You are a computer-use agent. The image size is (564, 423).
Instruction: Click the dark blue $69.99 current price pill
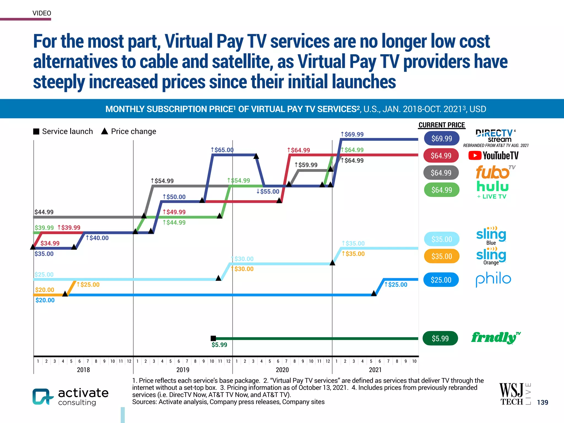point(441,138)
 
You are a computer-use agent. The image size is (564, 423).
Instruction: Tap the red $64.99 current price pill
point(441,156)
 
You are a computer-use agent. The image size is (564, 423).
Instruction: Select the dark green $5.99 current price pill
point(440,338)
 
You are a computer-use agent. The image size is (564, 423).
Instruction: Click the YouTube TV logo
point(493,156)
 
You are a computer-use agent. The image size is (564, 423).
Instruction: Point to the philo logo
point(493,279)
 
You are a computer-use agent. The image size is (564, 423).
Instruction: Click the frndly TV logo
point(495,338)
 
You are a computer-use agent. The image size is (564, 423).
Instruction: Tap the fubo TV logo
point(495,172)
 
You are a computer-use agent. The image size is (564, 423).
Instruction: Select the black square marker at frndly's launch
point(213,338)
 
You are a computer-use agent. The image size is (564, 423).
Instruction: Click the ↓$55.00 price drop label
point(268,191)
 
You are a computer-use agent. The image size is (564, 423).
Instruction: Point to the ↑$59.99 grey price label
point(306,165)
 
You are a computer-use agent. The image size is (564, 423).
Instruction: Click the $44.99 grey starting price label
point(44,212)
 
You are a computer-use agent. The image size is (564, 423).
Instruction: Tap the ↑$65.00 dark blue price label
point(222,150)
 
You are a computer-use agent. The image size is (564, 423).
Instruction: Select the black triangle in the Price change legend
point(105,131)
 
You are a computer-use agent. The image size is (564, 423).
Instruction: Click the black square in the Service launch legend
point(36,131)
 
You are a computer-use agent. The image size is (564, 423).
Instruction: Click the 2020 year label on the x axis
point(282,370)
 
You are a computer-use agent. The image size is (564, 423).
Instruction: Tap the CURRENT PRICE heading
point(441,125)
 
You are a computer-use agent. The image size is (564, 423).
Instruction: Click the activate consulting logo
point(70,397)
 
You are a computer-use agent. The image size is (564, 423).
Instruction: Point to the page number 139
point(542,402)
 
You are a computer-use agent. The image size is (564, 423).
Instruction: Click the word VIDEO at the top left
point(42,13)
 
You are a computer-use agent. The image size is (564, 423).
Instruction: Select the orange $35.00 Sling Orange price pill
point(441,256)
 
